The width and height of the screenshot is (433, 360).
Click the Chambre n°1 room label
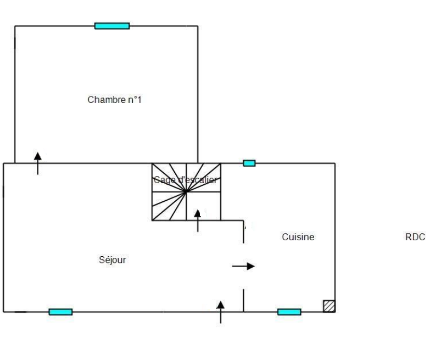[x=115, y=100]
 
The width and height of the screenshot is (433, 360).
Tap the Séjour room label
[x=112, y=259]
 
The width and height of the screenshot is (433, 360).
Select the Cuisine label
[x=298, y=237]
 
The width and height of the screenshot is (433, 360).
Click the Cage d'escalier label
[x=186, y=180]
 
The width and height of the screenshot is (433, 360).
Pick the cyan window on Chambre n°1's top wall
[x=112, y=26]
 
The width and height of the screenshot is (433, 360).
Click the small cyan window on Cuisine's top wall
[x=249, y=163]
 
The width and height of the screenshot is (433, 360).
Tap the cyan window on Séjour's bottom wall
[x=61, y=312]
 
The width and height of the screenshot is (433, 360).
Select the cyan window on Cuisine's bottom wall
[x=289, y=312]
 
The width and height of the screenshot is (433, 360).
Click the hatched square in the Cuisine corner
[x=329, y=306]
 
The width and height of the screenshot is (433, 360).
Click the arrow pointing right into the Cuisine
[x=243, y=266]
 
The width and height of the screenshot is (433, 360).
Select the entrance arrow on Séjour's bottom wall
[x=221, y=311]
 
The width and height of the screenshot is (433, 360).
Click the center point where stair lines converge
[x=186, y=192]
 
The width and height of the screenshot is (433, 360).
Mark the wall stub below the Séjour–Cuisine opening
[x=244, y=301]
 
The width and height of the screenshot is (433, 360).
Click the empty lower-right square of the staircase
[x=203, y=206]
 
